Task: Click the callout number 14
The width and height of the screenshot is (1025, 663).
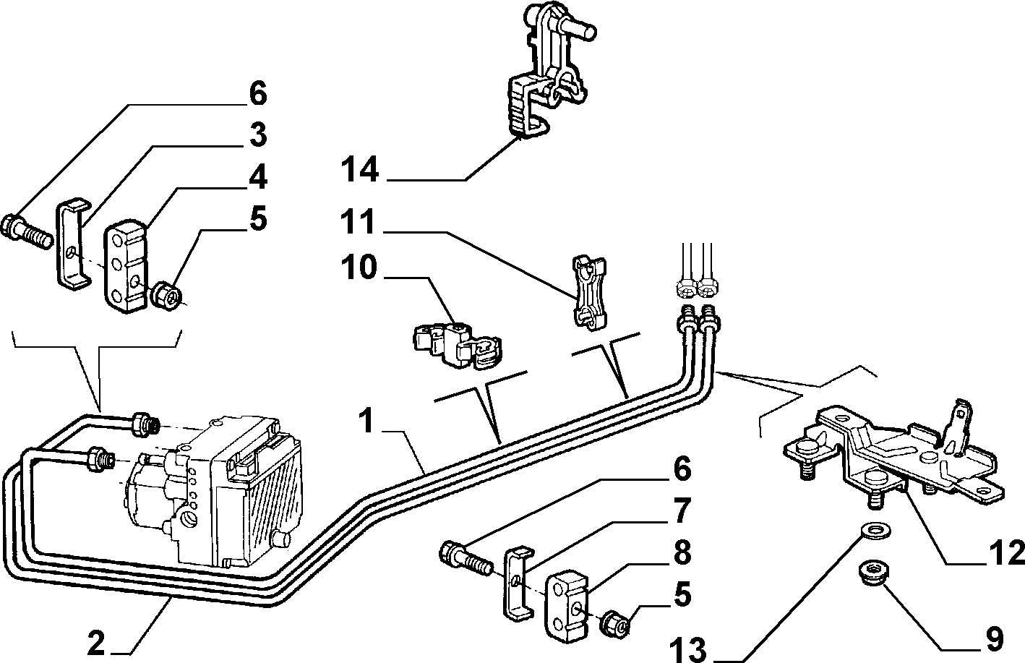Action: [x=360, y=170]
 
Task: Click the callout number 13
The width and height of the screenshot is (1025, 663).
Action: [x=688, y=649]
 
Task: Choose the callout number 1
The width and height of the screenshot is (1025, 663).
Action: [x=366, y=421]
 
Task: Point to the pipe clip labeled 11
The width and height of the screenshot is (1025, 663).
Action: [x=589, y=292]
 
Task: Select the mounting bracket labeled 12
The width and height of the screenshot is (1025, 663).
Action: [x=892, y=458]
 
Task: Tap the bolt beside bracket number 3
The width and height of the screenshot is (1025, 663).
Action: [x=27, y=231]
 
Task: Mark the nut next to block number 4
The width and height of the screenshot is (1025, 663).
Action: [x=167, y=296]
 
